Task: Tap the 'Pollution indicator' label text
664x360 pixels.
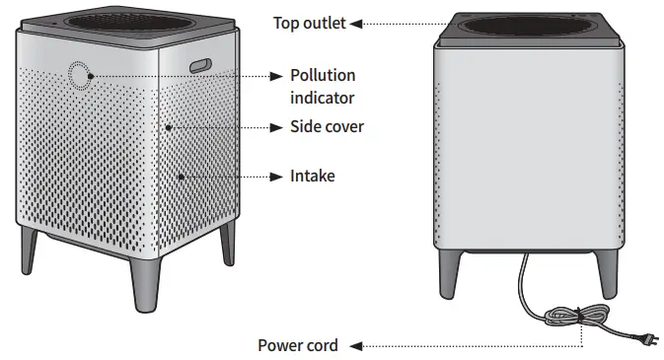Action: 323,87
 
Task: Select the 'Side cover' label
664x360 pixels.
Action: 327,126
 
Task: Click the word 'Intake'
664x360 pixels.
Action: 312,177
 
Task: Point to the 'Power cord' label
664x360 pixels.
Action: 298,345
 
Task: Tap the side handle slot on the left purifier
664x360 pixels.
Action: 201,65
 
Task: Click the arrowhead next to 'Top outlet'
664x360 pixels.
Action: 355,23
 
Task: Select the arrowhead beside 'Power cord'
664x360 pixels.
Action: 355,345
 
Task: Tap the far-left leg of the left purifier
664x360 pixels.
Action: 31,252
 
